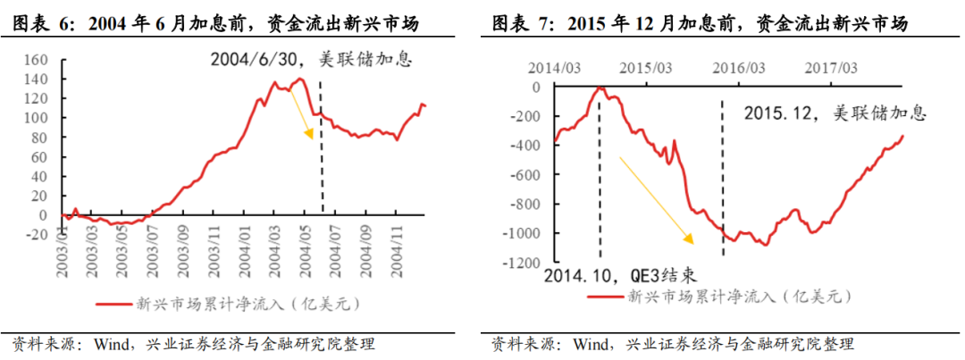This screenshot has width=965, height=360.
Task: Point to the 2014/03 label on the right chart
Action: coord(554,68)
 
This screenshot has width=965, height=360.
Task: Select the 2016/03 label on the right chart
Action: coord(738,68)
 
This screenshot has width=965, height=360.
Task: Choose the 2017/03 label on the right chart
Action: coord(831,68)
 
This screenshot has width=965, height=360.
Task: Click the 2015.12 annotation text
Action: coord(778,114)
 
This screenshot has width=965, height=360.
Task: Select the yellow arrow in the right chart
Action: coord(657,199)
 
